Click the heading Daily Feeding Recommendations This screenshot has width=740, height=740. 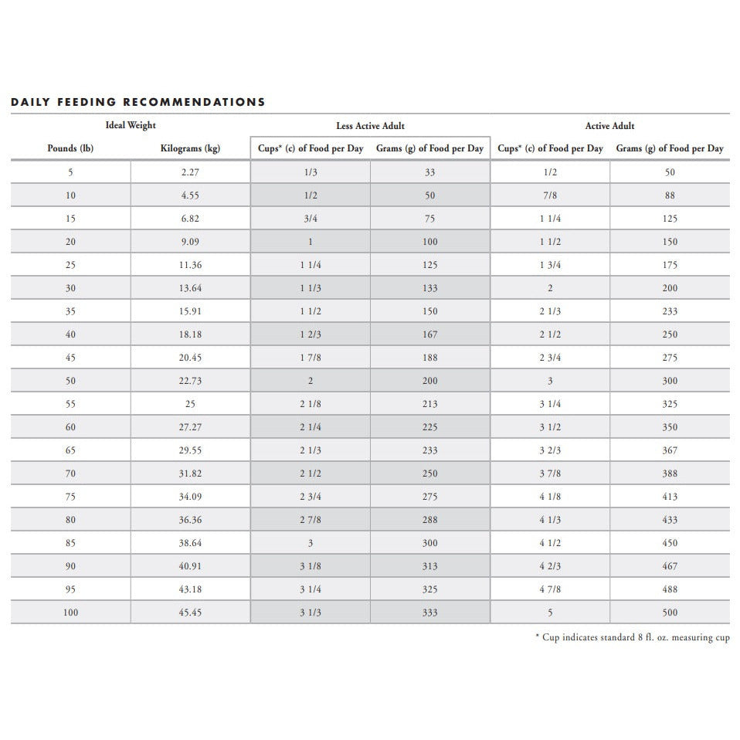(138, 102)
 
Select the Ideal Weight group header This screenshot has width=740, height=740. (131, 125)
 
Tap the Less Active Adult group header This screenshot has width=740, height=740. (370, 125)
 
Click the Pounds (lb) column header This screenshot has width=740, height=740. (70, 148)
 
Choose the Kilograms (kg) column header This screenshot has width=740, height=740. (190, 148)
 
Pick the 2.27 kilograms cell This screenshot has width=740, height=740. (190, 172)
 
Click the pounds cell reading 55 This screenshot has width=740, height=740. (70, 404)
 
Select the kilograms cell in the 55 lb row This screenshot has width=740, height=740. (190, 404)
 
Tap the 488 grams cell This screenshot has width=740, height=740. (670, 589)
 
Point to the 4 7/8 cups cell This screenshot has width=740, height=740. (550, 589)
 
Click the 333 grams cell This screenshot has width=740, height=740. (430, 613)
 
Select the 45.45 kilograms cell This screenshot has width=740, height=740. (190, 613)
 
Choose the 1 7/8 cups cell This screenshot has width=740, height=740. (311, 358)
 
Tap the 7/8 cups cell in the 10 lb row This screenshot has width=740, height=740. (550, 195)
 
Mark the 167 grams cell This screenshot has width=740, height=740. (430, 334)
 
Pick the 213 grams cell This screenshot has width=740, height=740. (430, 404)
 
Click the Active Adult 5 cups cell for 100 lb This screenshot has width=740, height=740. (550, 613)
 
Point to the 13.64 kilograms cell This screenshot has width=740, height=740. (190, 288)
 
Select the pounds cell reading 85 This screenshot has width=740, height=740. (70, 543)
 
